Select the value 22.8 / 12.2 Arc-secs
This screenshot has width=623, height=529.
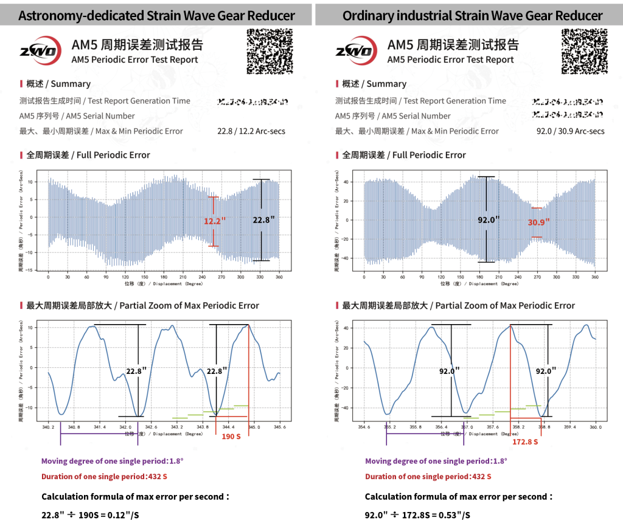click(251, 131)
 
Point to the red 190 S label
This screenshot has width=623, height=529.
click(231, 436)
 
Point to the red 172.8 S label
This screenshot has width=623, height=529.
click(525, 441)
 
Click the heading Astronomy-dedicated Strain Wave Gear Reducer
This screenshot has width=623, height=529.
click(156, 15)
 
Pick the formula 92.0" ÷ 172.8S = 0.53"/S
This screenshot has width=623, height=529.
click(417, 516)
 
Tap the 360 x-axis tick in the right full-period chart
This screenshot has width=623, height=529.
click(594, 277)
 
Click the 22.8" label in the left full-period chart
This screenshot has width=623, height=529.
click(263, 221)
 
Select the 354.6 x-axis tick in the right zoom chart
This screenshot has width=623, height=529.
click(364, 427)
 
